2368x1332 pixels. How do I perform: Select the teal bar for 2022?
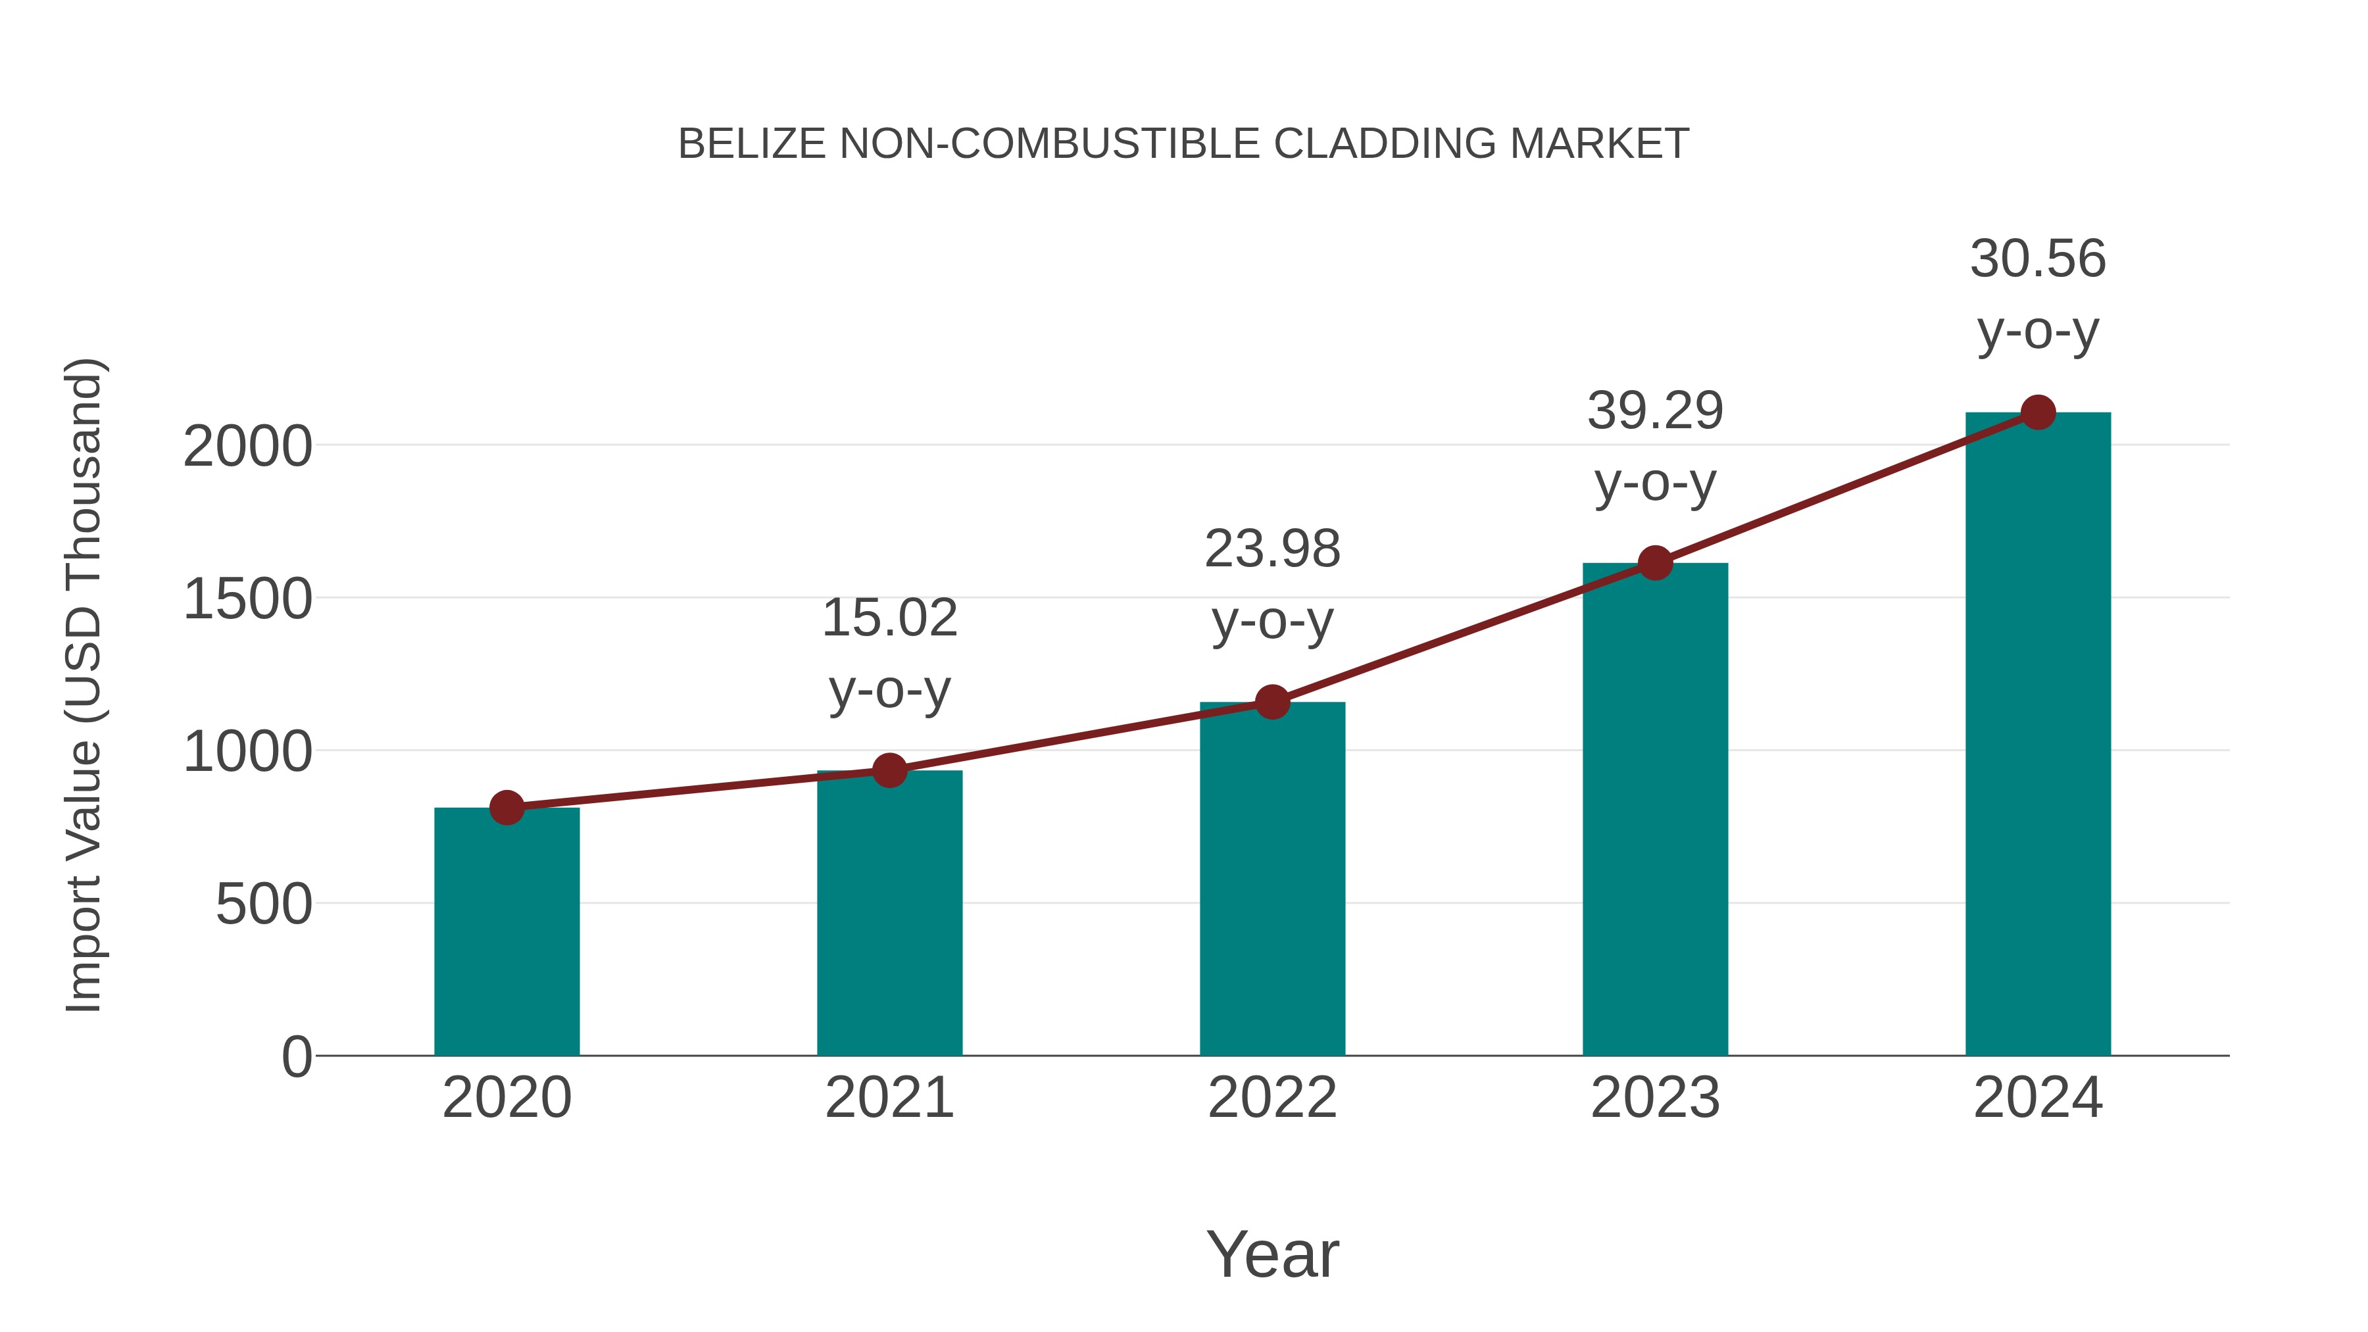[1272, 878]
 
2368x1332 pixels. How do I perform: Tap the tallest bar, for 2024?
[2038, 733]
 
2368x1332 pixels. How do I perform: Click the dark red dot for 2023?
[1656, 562]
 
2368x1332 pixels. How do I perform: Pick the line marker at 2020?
[506, 808]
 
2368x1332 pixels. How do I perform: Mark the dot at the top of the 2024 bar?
[2038, 412]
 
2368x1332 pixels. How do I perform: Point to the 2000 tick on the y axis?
[247, 448]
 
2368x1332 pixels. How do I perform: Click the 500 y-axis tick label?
[264, 906]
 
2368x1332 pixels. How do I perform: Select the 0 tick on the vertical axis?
[297, 1057]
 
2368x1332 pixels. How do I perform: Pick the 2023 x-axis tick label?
[1656, 1098]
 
